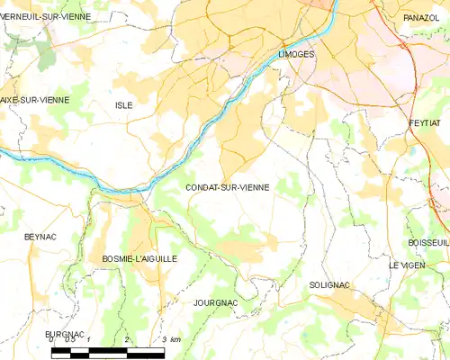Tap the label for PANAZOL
pos(420,17)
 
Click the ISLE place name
pos(124,105)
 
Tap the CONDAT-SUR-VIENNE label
pos(227,187)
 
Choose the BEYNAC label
pos(40,236)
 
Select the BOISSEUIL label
pos(427,242)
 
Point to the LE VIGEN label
pos(406,265)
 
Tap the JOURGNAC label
pos(216,303)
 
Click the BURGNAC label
pos(65,334)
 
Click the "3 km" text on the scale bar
pos(170,339)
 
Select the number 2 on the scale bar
pos(127,339)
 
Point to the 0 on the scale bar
pos(52,339)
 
